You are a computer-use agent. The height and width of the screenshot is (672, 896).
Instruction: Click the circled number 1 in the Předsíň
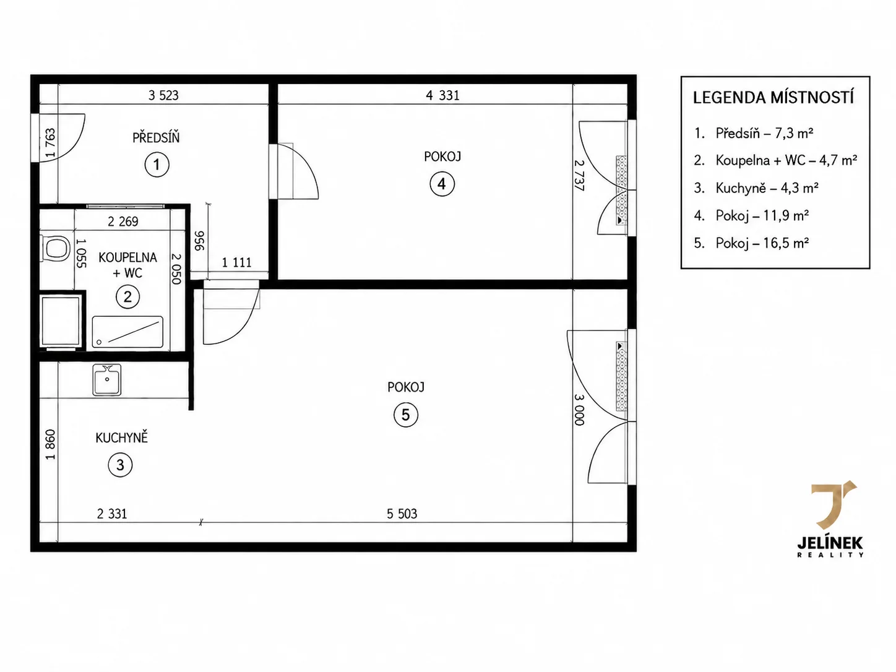pos(157,165)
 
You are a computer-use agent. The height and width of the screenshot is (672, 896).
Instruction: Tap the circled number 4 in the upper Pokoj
pos(442,184)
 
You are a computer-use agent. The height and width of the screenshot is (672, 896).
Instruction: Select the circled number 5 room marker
pos(406,415)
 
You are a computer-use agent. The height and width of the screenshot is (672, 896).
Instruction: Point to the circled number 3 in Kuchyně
pos(121,465)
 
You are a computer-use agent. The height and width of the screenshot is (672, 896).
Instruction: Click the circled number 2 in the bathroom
pos(127,296)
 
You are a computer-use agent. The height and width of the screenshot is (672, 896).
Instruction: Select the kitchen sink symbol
pos(107,380)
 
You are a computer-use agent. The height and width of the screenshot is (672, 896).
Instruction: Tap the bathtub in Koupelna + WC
pos(127,332)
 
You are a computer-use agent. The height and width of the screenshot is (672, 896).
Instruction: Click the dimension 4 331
pos(442,95)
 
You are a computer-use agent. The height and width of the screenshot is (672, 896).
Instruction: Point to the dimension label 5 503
pos(402,514)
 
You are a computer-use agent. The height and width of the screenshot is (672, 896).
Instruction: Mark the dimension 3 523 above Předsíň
pos(163,95)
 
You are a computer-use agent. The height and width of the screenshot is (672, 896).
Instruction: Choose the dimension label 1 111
pos(237,262)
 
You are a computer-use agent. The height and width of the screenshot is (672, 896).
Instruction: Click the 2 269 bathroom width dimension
pos(123,222)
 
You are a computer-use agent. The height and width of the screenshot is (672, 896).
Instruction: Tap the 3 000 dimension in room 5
pos(579,410)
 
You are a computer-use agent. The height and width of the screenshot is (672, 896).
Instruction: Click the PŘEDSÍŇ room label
pos(156,137)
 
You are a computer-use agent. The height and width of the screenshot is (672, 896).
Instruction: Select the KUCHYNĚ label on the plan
pos(122,437)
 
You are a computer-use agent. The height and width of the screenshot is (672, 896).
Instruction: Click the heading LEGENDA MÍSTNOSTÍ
pos(773,98)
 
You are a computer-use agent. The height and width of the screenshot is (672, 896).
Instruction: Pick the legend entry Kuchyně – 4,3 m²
pos(756,188)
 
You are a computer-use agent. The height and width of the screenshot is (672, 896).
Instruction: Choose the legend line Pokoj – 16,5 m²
pos(751,243)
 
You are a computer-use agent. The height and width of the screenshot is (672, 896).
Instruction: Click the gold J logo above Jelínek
pos(832,505)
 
